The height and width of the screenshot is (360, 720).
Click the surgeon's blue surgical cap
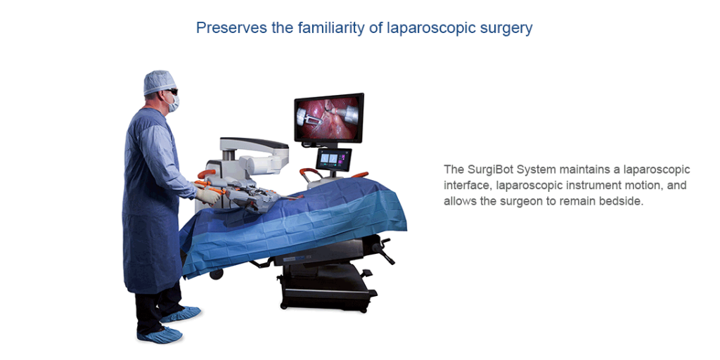(159, 82)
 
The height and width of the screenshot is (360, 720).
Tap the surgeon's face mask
(172, 103)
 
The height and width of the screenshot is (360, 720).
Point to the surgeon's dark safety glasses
(169, 92)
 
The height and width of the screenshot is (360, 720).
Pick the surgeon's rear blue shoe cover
(181, 313)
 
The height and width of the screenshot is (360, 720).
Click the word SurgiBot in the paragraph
(489, 169)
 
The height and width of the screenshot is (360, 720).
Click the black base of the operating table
(323, 288)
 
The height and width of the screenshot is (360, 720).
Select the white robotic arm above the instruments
(253, 147)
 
